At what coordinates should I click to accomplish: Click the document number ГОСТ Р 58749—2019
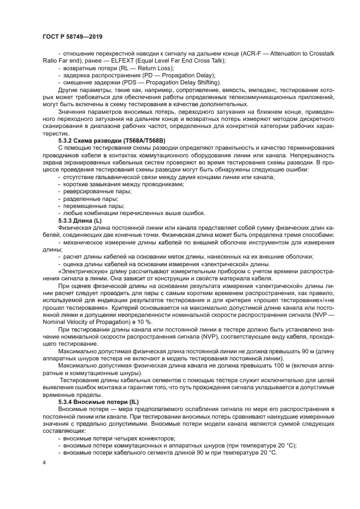(72, 36)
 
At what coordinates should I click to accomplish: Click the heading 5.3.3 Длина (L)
(80, 220)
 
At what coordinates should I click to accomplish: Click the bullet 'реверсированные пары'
(95, 192)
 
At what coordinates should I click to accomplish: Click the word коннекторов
(155, 437)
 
